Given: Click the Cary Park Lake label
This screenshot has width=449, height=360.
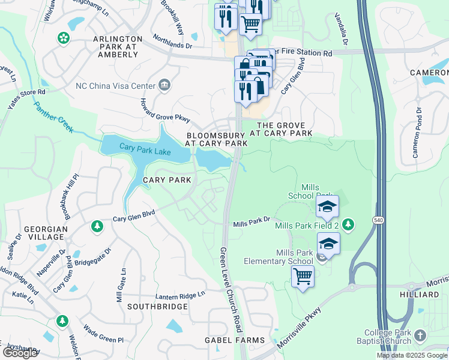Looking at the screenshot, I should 145,148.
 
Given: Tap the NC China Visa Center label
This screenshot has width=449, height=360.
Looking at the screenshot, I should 115,85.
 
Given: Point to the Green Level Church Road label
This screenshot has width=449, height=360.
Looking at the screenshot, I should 231,290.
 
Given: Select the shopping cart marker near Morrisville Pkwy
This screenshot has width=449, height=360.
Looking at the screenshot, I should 303,277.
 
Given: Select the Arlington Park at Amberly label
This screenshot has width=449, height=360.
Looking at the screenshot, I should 115,46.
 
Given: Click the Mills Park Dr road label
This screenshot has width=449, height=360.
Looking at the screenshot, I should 252,224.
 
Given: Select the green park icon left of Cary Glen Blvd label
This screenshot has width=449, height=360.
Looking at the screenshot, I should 95,226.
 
